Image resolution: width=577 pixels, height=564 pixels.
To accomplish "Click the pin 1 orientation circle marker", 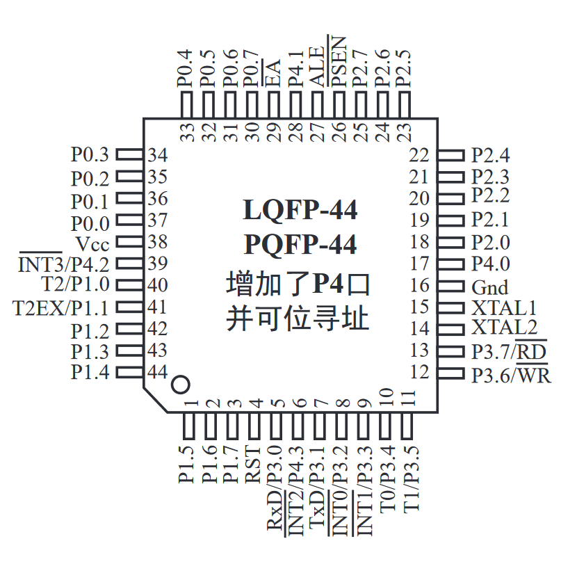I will point(180,384).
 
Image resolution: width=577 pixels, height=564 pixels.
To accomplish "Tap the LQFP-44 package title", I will point(300,209).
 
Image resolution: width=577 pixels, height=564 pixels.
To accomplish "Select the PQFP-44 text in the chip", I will point(300,245).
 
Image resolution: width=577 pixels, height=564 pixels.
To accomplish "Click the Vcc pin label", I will point(92,243).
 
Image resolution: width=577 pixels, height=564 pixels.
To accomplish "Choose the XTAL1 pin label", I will point(504,307).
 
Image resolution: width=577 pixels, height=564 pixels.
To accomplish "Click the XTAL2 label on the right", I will point(504,328).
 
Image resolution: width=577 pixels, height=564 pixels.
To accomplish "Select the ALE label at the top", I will point(318,63).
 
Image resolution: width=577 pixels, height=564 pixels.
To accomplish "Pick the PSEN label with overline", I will point(339,61).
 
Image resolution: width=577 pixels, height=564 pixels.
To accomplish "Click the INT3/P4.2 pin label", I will point(64,264).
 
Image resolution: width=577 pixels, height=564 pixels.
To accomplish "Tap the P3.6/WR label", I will point(511,376).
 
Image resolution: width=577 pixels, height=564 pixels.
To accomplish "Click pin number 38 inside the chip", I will point(158,242).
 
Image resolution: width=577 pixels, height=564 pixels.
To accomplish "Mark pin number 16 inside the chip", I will point(420,286).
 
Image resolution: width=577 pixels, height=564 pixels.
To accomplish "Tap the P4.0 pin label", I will point(490,264).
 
